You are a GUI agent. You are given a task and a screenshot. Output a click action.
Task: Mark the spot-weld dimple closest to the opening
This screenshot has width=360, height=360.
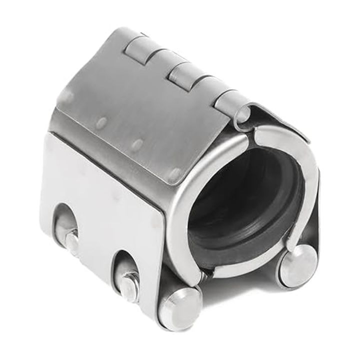[x=174, y=173]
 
